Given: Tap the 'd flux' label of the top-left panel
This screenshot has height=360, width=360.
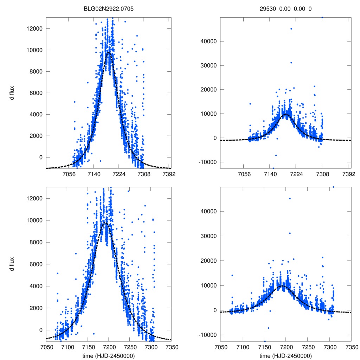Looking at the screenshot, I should click(12, 92).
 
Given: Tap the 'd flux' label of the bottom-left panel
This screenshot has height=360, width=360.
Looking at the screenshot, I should click(12, 264).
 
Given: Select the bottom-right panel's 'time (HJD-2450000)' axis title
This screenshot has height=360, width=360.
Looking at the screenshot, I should click(286, 356).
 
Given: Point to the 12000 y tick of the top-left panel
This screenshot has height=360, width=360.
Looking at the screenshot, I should click(34, 28).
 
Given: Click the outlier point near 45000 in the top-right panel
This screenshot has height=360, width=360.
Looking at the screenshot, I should click(291, 29).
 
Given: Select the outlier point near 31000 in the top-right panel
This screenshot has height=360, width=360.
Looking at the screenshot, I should click(291, 63).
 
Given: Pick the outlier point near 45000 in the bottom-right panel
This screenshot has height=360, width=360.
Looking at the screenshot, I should click(290, 199).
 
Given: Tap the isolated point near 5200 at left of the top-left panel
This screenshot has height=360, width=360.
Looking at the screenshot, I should click(75, 102).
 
